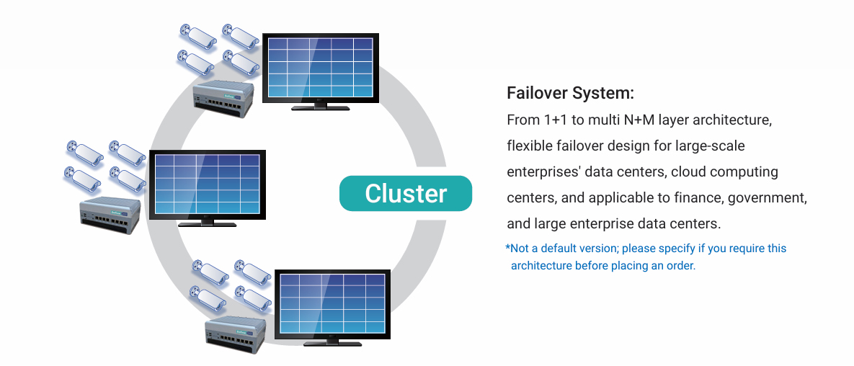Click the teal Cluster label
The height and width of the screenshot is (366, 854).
(x=406, y=193)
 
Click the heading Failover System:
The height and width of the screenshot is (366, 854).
(x=570, y=93)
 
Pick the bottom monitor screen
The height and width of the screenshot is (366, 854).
(x=333, y=304)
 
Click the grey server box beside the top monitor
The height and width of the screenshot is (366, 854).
(x=223, y=99)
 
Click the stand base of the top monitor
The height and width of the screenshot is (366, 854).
(x=320, y=108)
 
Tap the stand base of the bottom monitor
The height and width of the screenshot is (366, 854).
(x=332, y=344)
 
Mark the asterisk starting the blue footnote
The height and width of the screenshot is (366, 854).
(x=508, y=248)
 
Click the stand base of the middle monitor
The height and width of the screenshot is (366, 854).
(x=207, y=224)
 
